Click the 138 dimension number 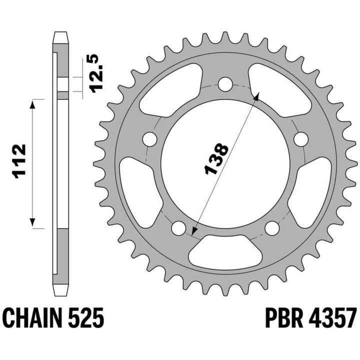[x=216, y=158]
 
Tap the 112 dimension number [x=19, y=161]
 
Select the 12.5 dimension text [x=96, y=73]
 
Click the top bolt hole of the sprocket [x=225, y=84]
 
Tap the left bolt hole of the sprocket [x=149, y=139]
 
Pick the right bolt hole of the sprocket [x=301, y=139]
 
